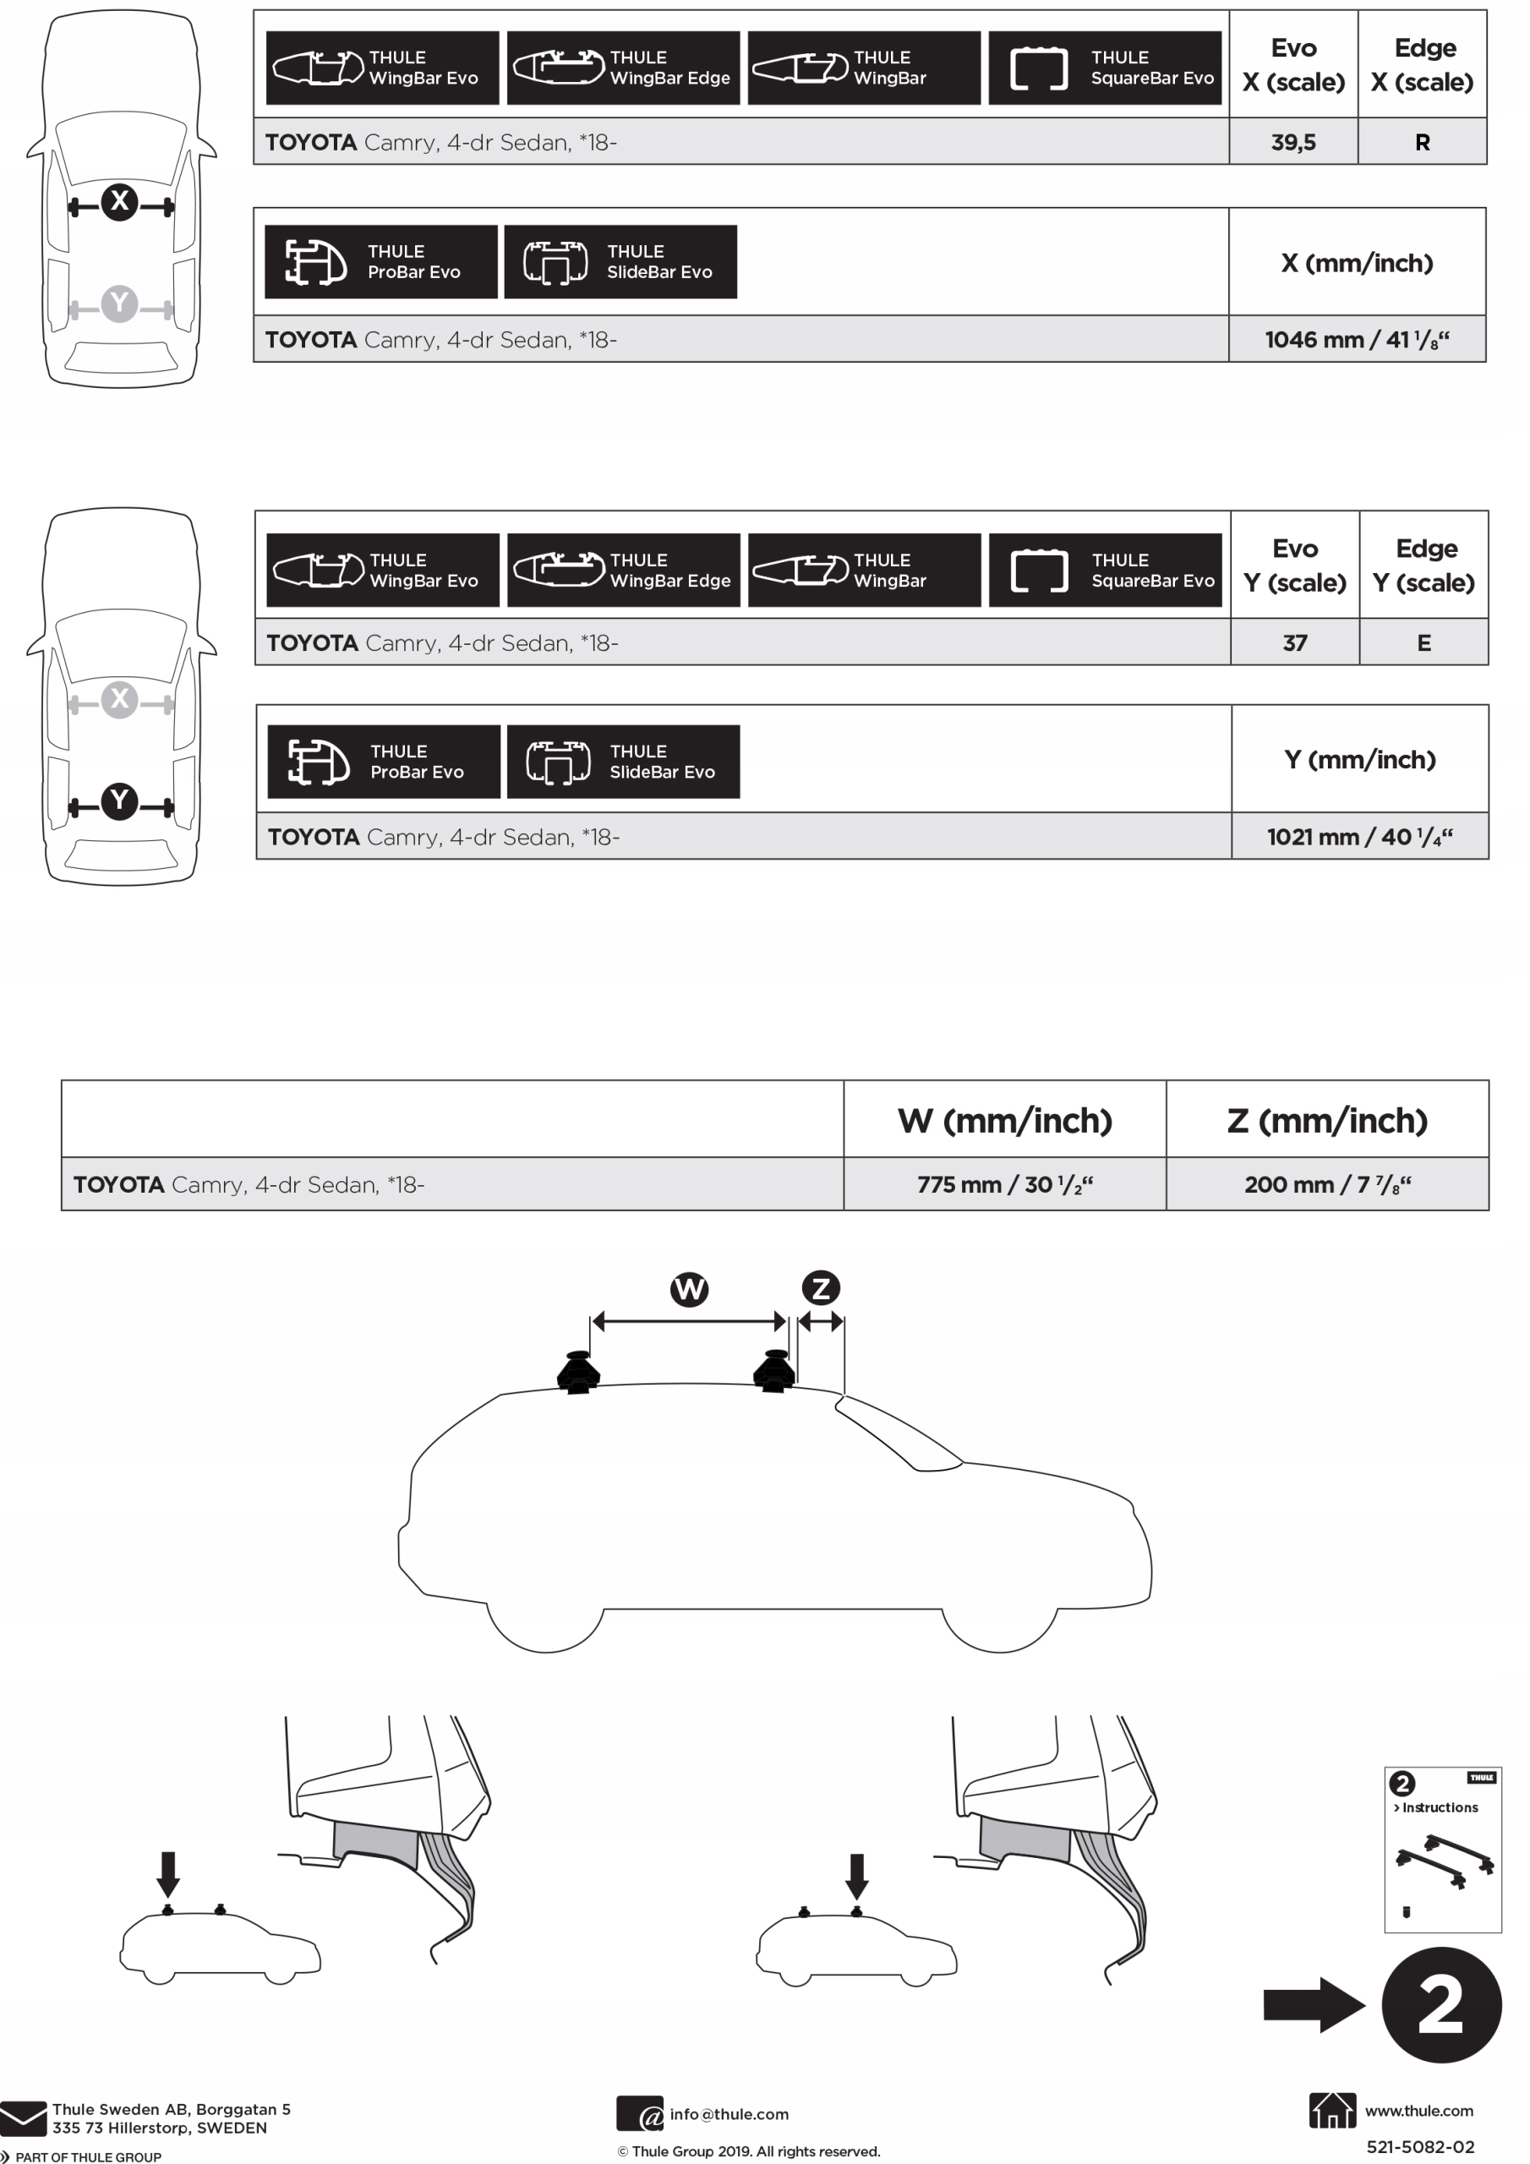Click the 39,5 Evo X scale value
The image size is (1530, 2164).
1292,142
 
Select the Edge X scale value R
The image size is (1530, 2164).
1422,142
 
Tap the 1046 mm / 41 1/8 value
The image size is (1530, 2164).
1357,339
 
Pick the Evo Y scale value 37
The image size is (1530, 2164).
1294,642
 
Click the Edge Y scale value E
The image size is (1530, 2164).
1423,642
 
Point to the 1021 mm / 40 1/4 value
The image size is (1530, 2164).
1358,837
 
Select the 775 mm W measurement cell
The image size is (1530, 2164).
1004,1185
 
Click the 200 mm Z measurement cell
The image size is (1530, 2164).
1326,1185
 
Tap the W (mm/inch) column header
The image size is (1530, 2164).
1004,1121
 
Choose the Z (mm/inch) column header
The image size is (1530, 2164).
1326,1121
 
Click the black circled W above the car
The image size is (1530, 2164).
689,1288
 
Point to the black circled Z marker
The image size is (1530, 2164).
820,1287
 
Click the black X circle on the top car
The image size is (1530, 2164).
120,200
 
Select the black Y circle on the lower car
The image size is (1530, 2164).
120,801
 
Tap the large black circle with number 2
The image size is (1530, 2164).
1440,2005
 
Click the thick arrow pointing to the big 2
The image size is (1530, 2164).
1313,2005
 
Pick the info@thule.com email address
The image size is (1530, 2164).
729,2114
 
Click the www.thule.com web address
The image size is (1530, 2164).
1418,2110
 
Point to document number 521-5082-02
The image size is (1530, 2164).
1420,2147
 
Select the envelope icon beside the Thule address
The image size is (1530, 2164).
23,2118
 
